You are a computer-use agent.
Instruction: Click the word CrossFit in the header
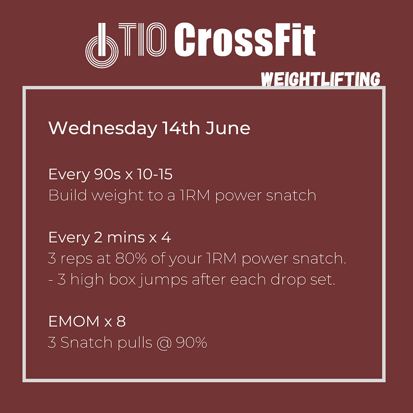click(x=245, y=40)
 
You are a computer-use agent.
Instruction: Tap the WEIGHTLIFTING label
click(x=321, y=79)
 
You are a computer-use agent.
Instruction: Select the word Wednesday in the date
click(x=103, y=129)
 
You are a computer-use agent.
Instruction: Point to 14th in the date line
click(x=181, y=128)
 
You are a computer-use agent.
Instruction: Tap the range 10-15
click(x=154, y=174)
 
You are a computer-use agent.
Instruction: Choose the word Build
click(x=68, y=195)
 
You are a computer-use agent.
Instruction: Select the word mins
click(x=126, y=237)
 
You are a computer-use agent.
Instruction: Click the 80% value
click(x=131, y=259)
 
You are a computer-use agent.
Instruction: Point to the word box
click(x=122, y=280)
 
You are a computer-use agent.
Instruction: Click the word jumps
click(x=163, y=281)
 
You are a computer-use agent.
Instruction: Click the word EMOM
click(x=74, y=322)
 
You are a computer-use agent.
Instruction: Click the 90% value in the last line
click(x=191, y=343)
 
